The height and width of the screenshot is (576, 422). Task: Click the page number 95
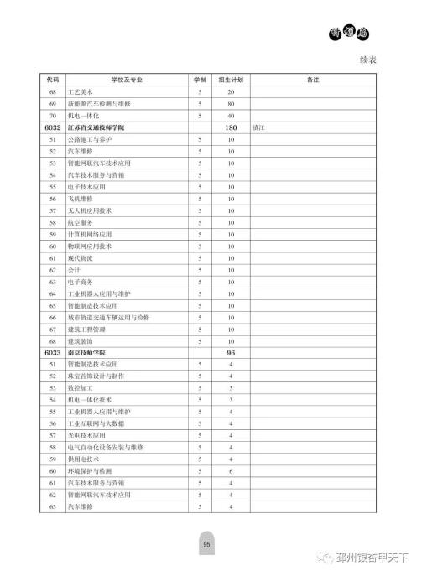[x=206, y=545]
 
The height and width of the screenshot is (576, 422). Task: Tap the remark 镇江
[x=258, y=127]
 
